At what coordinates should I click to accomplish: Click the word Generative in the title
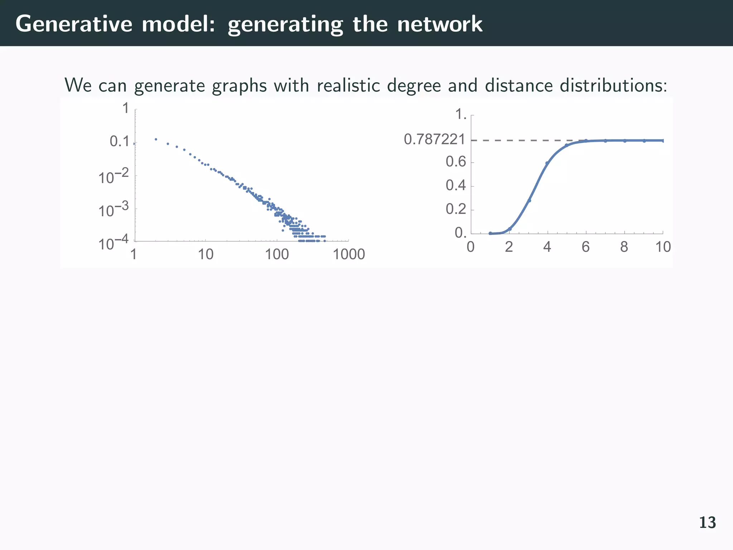(74, 24)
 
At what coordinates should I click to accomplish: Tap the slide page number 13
(707, 523)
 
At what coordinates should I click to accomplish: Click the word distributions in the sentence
(611, 86)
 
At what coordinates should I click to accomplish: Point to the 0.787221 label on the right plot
(435, 139)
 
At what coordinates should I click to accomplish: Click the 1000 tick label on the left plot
(349, 255)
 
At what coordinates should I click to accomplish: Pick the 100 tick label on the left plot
(277, 255)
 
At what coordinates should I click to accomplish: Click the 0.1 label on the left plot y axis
(120, 142)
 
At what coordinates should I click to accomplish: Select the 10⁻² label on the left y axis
(113, 177)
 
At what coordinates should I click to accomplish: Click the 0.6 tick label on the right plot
(456, 162)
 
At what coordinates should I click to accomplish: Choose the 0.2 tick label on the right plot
(456, 209)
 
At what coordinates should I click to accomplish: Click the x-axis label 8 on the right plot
(624, 247)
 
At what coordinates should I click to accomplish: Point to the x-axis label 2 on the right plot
(509, 247)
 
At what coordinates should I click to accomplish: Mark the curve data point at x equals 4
(547, 163)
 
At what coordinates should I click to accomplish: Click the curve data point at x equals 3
(529, 201)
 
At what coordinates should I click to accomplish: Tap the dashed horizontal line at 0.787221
(519, 140)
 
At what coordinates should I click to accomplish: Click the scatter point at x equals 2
(156, 139)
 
